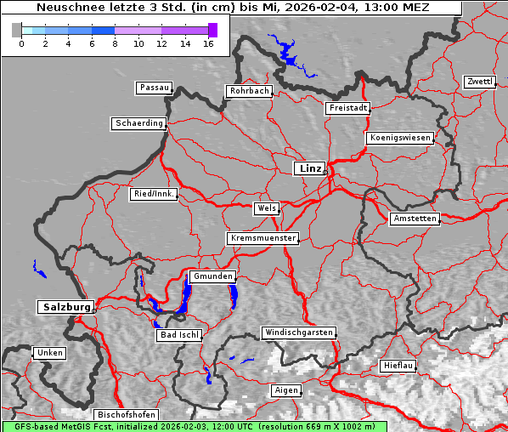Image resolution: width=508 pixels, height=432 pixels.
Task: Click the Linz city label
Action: click(x=309, y=168)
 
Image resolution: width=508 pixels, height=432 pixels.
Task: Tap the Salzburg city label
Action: click(x=65, y=307)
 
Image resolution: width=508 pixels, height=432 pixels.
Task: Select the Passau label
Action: click(x=154, y=88)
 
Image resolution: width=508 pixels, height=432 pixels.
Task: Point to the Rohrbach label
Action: click(x=248, y=91)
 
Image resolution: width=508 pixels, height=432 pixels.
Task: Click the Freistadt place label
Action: click(x=347, y=108)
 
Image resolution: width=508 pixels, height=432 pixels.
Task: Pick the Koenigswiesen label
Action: click(x=400, y=138)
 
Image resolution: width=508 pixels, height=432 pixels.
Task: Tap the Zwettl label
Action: click(x=479, y=82)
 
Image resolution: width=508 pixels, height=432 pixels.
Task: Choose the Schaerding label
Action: click(x=138, y=123)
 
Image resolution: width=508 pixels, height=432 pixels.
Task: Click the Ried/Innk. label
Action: click(x=154, y=194)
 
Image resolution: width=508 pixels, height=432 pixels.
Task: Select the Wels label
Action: click(x=266, y=208)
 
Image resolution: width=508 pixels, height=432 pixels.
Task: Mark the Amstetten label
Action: click(x=415, y=219)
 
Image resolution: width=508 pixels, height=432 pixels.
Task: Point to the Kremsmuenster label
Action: click(x=263, y=238)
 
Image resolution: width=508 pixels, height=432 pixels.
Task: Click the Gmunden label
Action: click(x=211, y=276)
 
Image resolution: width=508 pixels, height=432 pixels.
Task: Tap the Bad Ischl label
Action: click(x=179, y=335)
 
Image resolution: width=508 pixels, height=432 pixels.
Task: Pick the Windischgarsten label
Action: click(x=298, y=333)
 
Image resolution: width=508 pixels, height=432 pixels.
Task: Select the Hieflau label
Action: click(x=398, y=366)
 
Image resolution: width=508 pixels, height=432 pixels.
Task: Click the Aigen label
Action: click(x=285, y=390)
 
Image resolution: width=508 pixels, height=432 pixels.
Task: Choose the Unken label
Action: click(x=48, y=352)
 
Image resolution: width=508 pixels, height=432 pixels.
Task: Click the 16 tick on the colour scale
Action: click(x=208, y=43)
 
